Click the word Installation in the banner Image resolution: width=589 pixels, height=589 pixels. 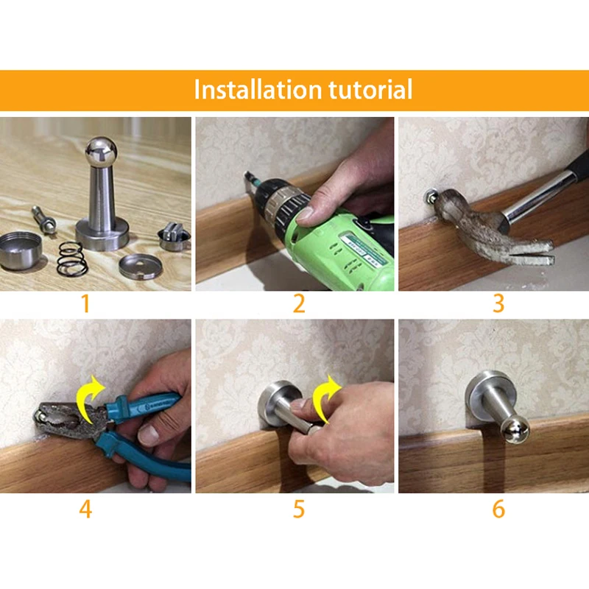(258, 89)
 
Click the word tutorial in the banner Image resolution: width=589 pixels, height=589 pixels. (370, 89)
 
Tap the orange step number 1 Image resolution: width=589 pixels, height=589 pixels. (85, 303)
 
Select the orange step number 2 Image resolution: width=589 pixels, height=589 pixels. (299, 303)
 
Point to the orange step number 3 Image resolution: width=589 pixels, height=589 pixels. (498, 303)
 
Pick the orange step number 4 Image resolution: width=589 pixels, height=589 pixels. (85, 509)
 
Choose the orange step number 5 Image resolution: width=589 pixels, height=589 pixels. (299, 509)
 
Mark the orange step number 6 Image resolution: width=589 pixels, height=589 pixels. (498, 509)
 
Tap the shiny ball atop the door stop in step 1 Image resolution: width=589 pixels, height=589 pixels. (101, 152)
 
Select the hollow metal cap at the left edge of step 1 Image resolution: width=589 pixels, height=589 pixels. (20, 250)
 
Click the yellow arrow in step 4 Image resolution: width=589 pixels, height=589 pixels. (89, 399)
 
